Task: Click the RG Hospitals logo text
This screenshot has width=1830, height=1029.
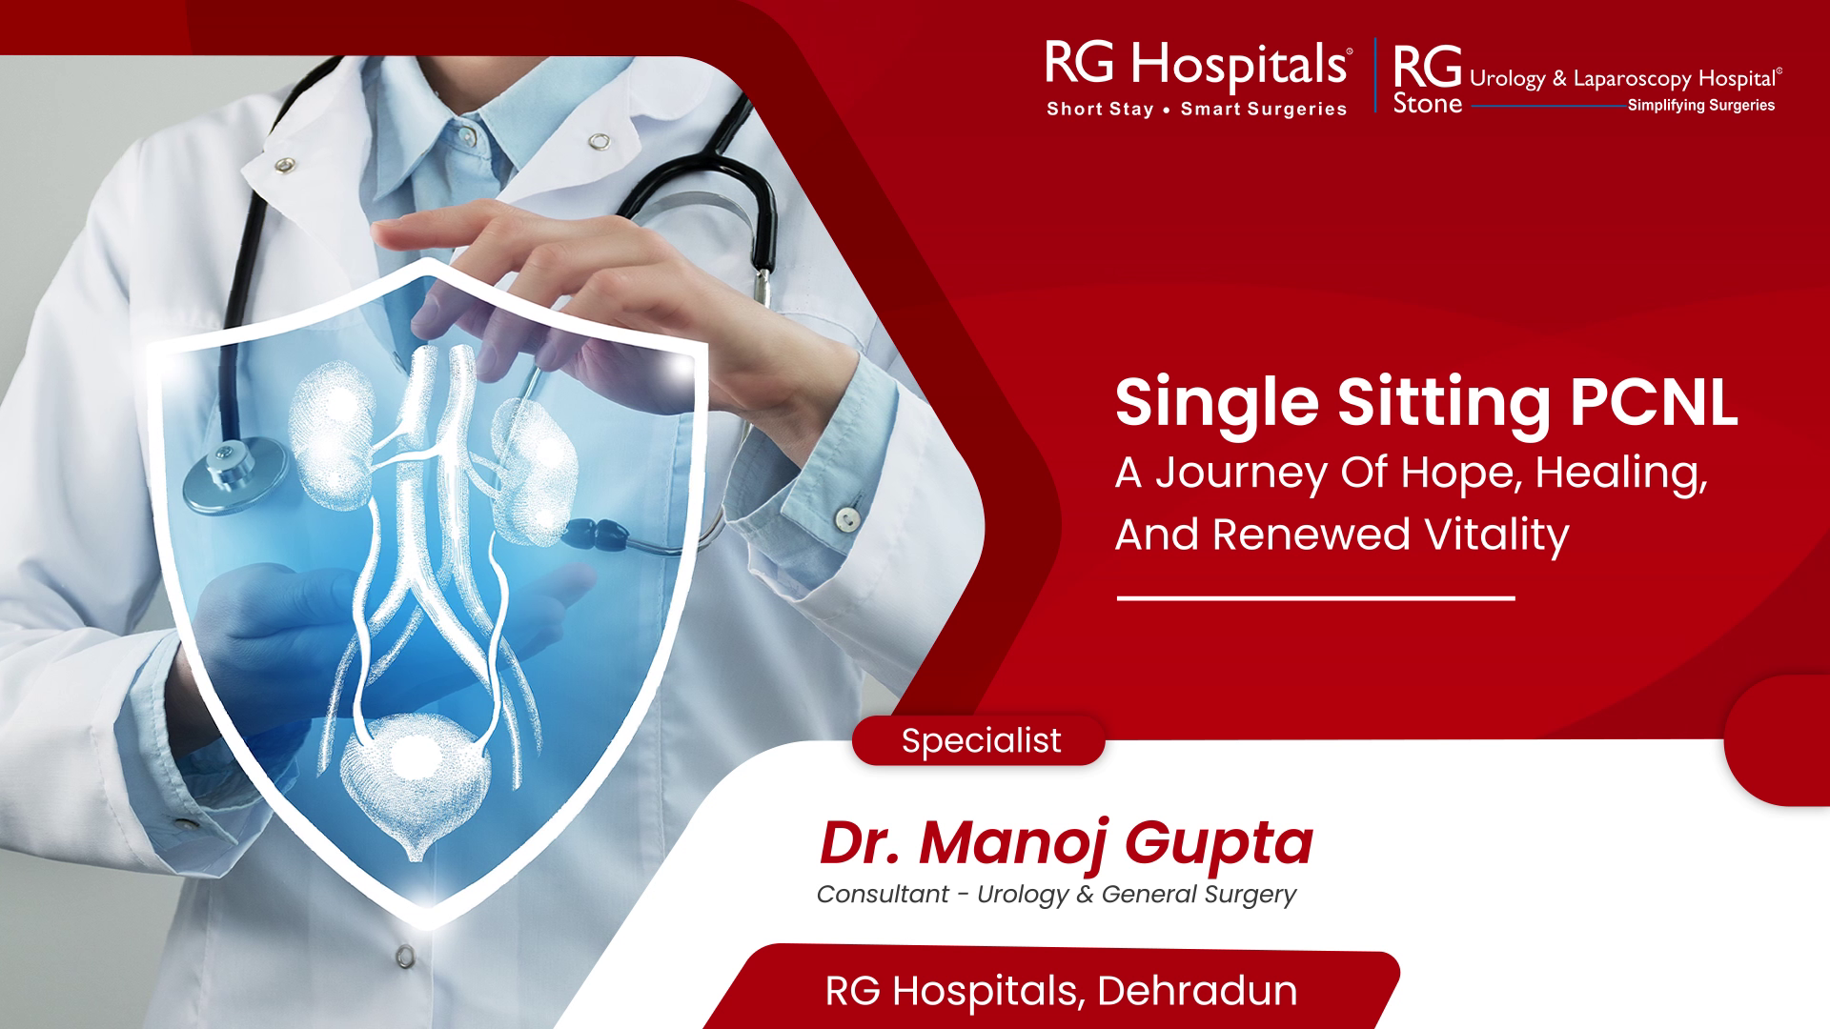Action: point(1197,63)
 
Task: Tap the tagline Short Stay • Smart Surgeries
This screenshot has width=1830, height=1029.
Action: point(1197,109)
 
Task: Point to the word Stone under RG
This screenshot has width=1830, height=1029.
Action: point(1427,104)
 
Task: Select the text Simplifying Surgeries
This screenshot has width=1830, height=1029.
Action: point(1701,105)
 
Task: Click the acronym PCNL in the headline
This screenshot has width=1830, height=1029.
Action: point(1654,402)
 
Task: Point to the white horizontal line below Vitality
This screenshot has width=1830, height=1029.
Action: point(1315,598)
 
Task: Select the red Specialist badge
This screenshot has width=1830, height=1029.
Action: point(979,740)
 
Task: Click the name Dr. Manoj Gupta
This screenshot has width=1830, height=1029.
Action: point(1066,842)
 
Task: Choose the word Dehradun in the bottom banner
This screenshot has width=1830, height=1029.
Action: point(1197,991)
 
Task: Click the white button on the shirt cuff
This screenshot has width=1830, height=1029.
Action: point(846,517)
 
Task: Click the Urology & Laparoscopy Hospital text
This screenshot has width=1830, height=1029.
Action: point(1625,79)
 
